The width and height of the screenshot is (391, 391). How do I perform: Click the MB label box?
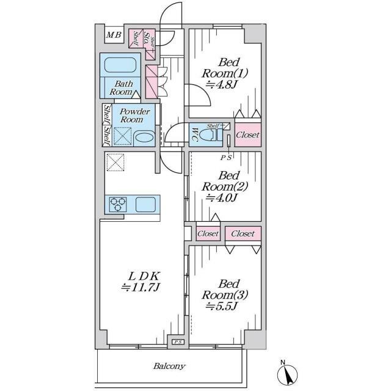(x=114, y=34)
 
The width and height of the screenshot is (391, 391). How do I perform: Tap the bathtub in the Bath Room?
(x=120, y=65)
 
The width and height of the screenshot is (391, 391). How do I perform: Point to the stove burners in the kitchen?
(x=118, y=204)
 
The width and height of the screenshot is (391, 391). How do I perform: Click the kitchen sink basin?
(x=145, y=204)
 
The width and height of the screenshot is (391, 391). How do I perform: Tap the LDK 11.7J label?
(x=140, y=282)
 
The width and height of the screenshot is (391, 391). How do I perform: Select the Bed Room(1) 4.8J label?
(x=224, y=73)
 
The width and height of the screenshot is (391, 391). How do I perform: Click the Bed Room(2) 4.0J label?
(x=224, y=186)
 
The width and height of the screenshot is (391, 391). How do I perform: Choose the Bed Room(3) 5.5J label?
(x=224, y=295)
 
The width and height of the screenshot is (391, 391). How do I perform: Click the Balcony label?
(x=169, y=367)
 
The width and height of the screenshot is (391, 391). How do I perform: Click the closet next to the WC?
(x=248, y=134)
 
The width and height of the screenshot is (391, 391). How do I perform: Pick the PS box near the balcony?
(x=178, y=342)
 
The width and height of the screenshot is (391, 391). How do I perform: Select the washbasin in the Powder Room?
(x=144, y=139)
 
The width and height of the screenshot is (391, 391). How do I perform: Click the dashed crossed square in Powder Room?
(x=123, y=136)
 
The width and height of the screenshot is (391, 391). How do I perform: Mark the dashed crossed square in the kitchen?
(x=115, y=163)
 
